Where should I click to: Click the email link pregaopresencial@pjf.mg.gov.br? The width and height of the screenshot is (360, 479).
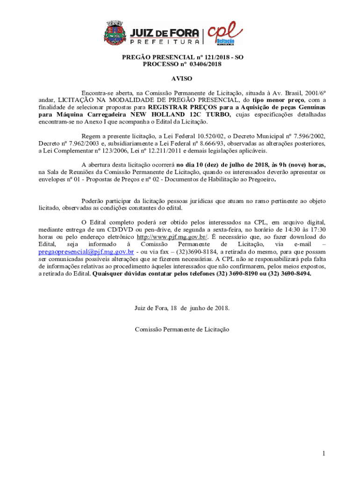[86, 251]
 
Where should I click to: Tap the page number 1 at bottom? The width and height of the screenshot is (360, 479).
[323, 453]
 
